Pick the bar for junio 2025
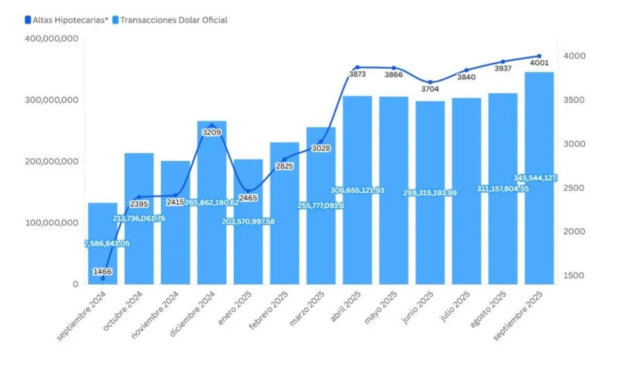[x=430, y=234]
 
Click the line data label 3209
[x=212, y=132]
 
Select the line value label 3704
[x=430, y=89]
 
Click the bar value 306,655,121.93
[x=357, y=190]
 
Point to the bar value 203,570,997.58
[x=248, y=222]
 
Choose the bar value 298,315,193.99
[x=430, y=192]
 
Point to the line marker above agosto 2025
[x=503, y=62]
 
